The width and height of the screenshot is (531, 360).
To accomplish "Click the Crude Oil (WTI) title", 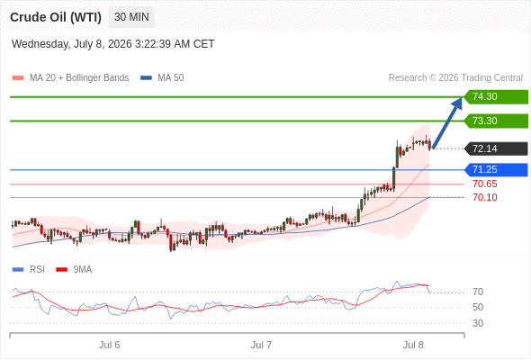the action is (x=56, y=17).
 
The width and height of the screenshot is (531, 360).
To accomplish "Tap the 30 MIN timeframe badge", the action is (x=131, y=17).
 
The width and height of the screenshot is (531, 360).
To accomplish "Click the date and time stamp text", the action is (x=112, y=44).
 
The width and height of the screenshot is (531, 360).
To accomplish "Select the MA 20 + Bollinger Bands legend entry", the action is (x=70, y=78).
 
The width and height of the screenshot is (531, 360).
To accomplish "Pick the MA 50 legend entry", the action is (x=162, y=78).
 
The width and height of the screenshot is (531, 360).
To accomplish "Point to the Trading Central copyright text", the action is (x=455, y=78).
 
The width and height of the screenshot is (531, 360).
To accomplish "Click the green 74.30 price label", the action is (x=496, y=97).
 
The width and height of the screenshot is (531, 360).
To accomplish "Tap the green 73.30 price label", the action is (x=496, y=121).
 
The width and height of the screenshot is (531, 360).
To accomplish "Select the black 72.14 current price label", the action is (x=496, y=148).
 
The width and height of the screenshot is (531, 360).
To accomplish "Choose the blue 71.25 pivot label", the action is (x=496, y=170).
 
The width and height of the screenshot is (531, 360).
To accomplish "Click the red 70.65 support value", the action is (x=485, y=184).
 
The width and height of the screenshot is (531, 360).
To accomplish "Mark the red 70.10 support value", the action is (x=485, y=197).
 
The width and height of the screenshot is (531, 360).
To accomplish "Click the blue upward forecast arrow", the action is (x=447, y=123).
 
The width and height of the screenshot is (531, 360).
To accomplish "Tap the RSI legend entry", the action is (x=29, y=270).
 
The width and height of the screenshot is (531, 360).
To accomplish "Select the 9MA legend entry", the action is (x=74, y=270).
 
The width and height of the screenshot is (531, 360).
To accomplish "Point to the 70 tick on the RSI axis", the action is (x=478, y=292).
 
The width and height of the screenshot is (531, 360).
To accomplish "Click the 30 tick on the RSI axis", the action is (x=478, y=323).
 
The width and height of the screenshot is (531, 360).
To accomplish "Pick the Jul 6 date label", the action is (x=110, y=345).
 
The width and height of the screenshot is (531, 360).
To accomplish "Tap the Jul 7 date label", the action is (x=261, y=345).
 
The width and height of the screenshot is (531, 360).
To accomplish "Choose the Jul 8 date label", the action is (x=413, y=345).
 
